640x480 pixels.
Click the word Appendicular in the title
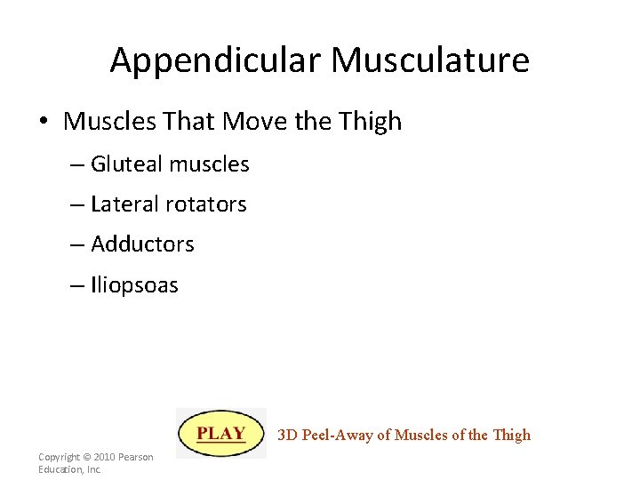coord(216,60)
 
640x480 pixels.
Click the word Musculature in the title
coord(430,60)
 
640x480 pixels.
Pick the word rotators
coord(207,204)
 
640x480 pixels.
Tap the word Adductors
coord(142,244)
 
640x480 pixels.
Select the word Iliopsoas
coord(134,285)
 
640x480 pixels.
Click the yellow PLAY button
coord(221,434)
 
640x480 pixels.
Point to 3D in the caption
coord(287,435)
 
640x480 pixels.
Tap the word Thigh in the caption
coord(511,435)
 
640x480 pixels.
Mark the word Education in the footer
coord(59,469)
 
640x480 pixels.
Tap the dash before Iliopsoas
coord(77,285)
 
